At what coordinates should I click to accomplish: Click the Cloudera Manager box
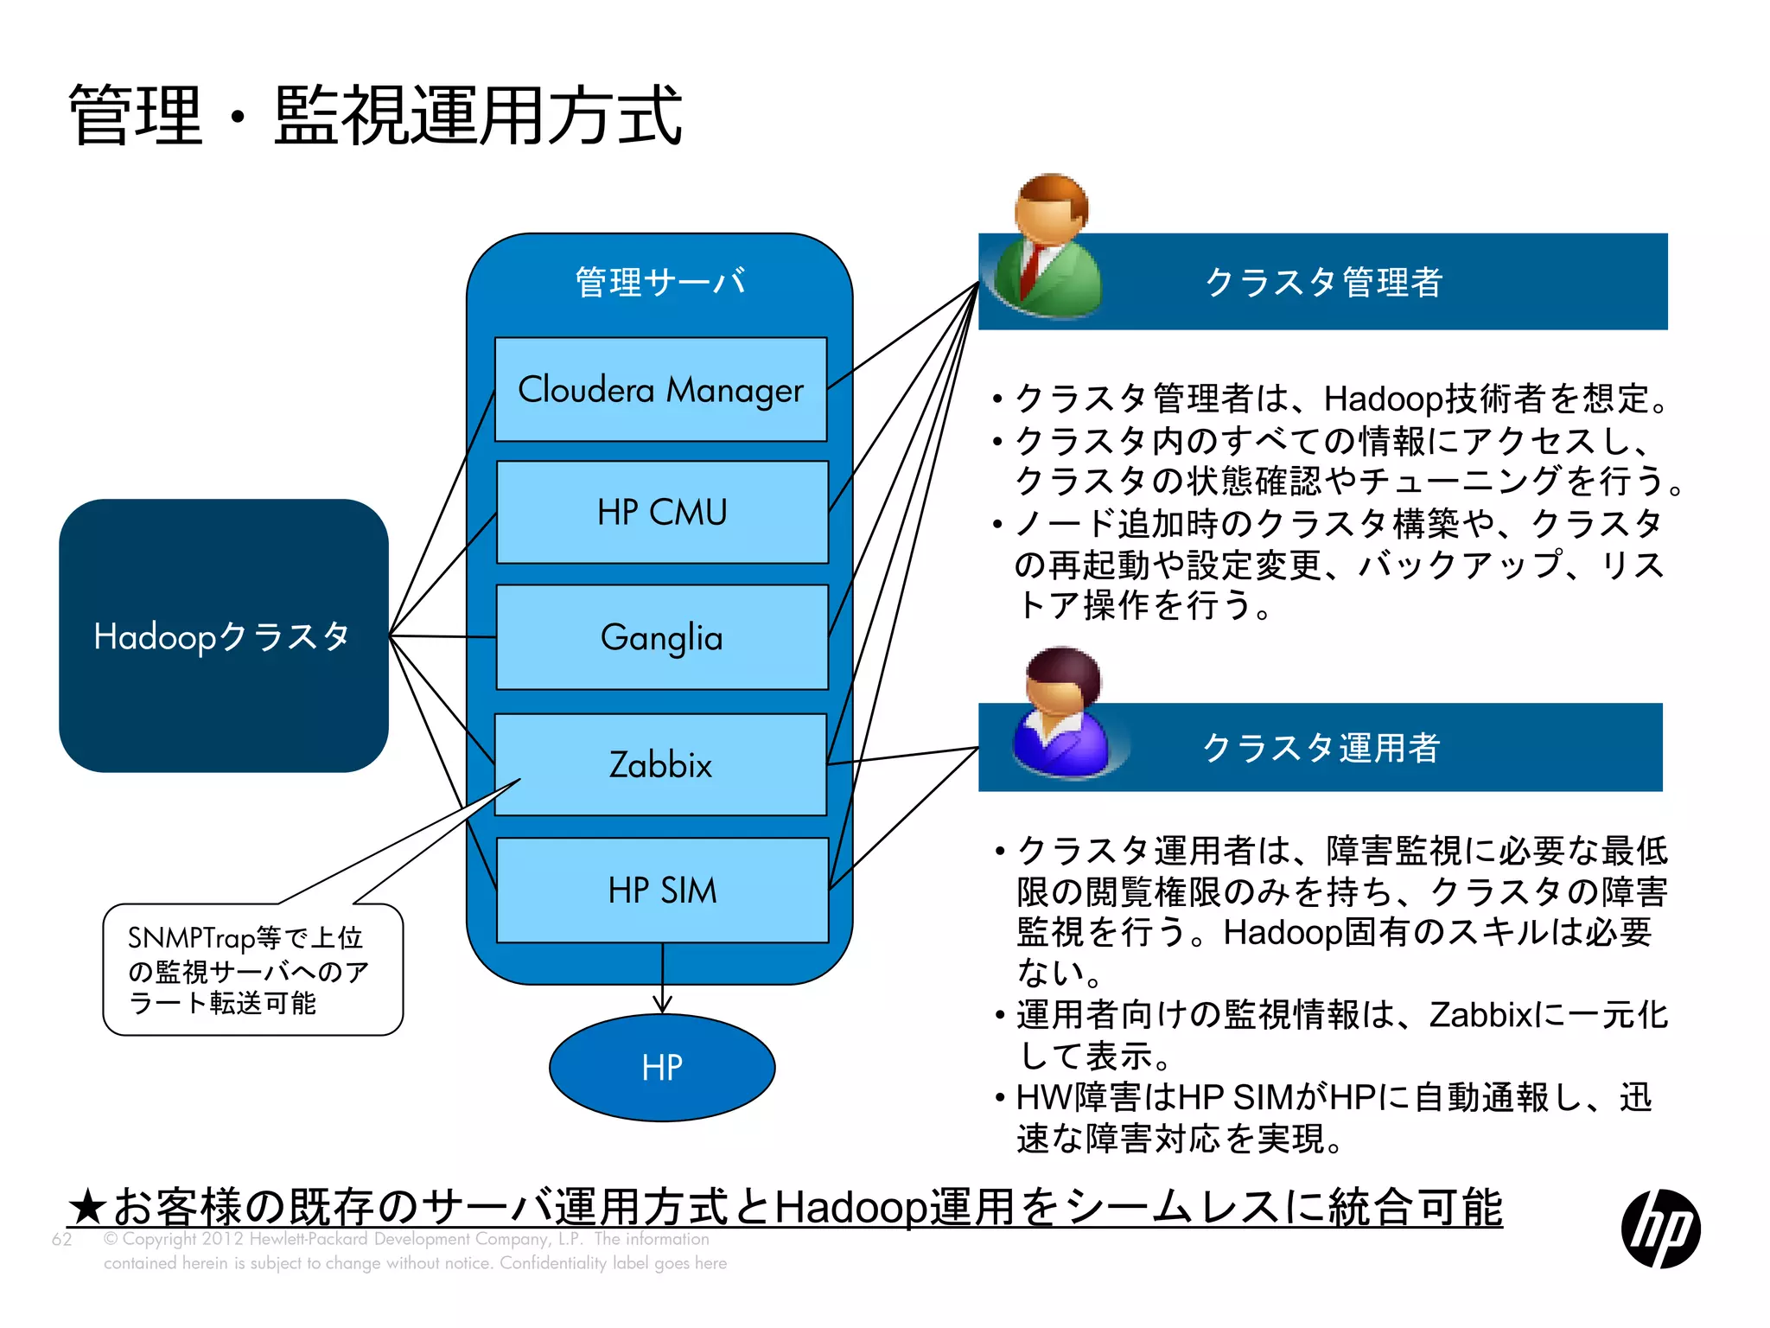point(660,390)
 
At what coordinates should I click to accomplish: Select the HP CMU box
point(662,512)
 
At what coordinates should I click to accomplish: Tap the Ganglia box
point(662,637)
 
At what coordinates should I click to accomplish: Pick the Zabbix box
point(660,765)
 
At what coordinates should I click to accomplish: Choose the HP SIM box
point(662,891)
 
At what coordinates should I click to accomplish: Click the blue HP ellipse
point(662,1068)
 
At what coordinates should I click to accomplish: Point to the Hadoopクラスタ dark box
point(223,635)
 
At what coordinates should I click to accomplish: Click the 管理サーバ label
point(660,282)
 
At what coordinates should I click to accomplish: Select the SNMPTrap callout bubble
point(252,970)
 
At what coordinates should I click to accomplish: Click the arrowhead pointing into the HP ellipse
point(662,1005)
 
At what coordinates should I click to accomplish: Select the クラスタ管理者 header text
point(1323,282)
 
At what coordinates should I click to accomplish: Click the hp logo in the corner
point(1660,1229)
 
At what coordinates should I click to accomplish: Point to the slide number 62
point(61,1239)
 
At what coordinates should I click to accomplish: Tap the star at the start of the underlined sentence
point(87,1207)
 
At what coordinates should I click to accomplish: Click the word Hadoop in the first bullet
point(1384,399)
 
